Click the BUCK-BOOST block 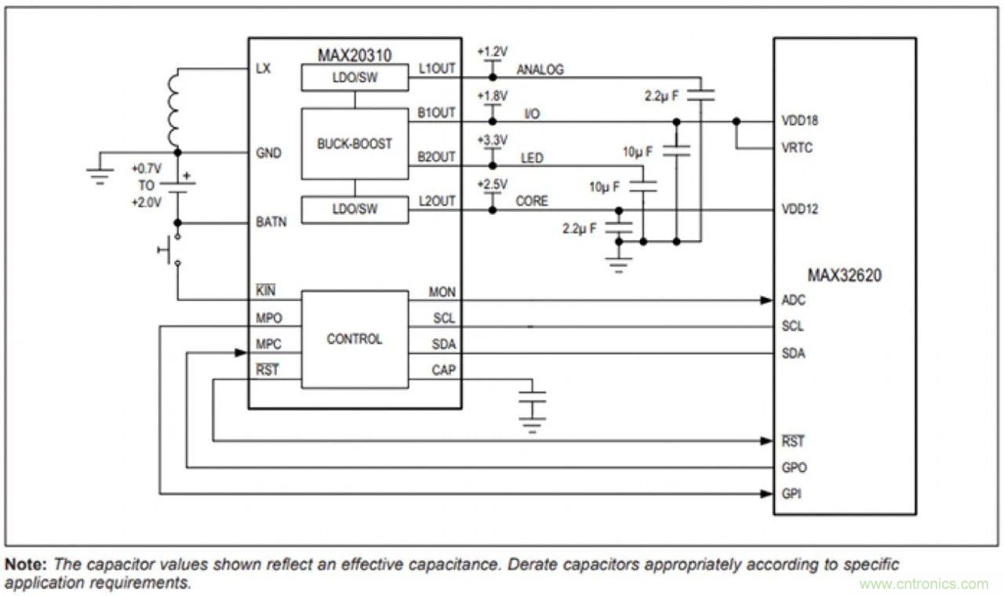pos(355,144)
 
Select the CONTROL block pos(355,339)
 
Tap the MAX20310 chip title pos(355,55)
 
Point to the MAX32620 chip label pos(844,275)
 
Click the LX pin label pos(264,69)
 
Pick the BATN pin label pos(271,222)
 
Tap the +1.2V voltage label pos(493,51)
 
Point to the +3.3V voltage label pos(493,140)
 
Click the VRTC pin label pos(798,147)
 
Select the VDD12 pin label pos(799,210)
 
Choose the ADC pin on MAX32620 pos(794,300)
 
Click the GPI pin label pos(791,494)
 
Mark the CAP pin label pos(442,370)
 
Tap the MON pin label pos(442,293)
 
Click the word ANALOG pos(540,70)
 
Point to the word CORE pos(532,202)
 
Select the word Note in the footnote pos(24,564)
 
